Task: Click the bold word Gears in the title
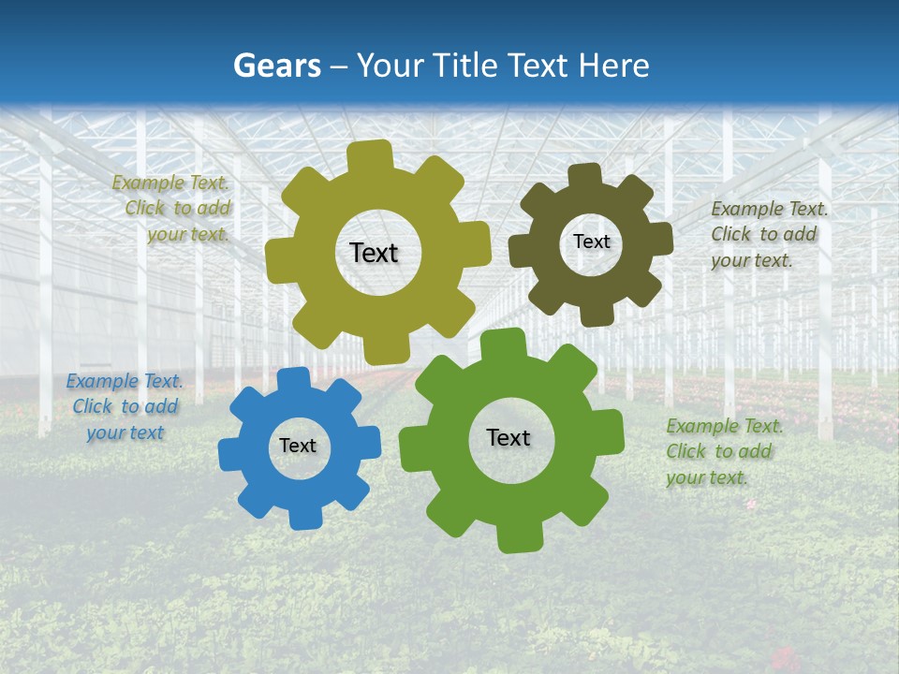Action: click(x=276, y=66)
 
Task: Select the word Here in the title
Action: click(x=613, y=66)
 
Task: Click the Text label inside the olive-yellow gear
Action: click(x=374, y=253)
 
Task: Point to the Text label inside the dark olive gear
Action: click(x=591, y=242)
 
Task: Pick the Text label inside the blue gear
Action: click(x=298, y=447)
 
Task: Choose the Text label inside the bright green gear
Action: click(x=508, y=437)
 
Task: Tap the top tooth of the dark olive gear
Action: click(x=584, y=176)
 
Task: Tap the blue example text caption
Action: click(x=125, y=407)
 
